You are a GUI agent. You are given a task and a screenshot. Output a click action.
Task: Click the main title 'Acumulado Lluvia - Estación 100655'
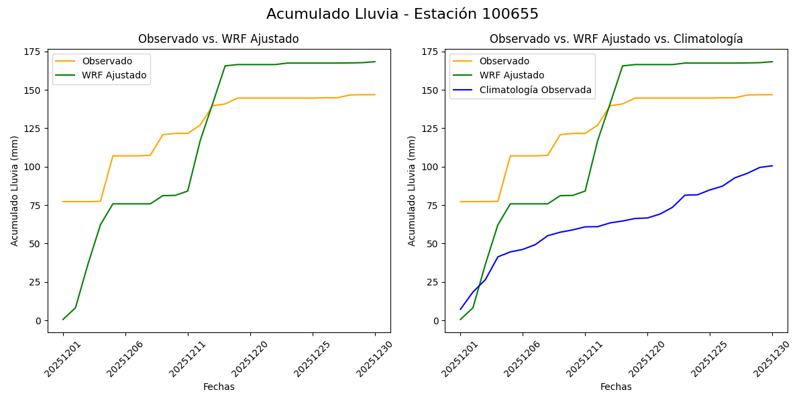click(x=402, y=14)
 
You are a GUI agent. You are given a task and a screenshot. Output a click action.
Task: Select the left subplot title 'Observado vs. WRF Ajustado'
click(x=218, y=39)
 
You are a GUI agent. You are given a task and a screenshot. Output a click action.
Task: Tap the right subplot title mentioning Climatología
click(x=616, y=39)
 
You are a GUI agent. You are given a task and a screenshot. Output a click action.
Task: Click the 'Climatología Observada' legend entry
click(x=539, y=90)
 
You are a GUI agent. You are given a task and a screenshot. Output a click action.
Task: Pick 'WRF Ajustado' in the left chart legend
click(x=114, y=75)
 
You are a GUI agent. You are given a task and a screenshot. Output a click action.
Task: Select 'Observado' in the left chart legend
click(x=107, y=61)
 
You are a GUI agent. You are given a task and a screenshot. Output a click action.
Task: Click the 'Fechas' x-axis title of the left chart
click(x=219, y=387)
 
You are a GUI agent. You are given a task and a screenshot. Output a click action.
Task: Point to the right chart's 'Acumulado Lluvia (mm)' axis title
click(x=412, y=191)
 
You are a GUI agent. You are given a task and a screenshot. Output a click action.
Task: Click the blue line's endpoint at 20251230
click(x=772, y=165)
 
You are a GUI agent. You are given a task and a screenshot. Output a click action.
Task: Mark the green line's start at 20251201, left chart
click(x=63, y=319)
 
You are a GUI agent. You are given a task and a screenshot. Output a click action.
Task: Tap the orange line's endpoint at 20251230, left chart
click(x=375, y=94)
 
